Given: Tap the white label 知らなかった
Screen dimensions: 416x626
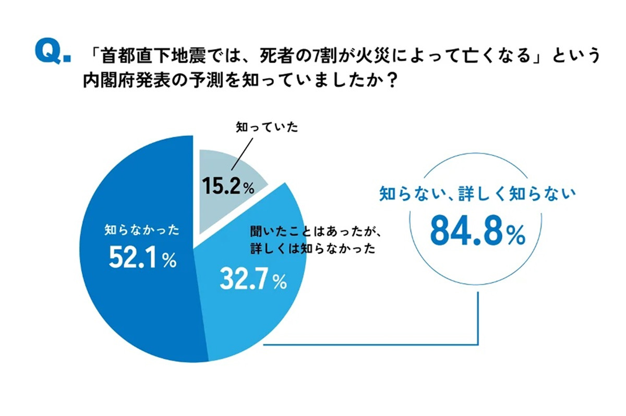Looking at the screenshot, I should (142, 230).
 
